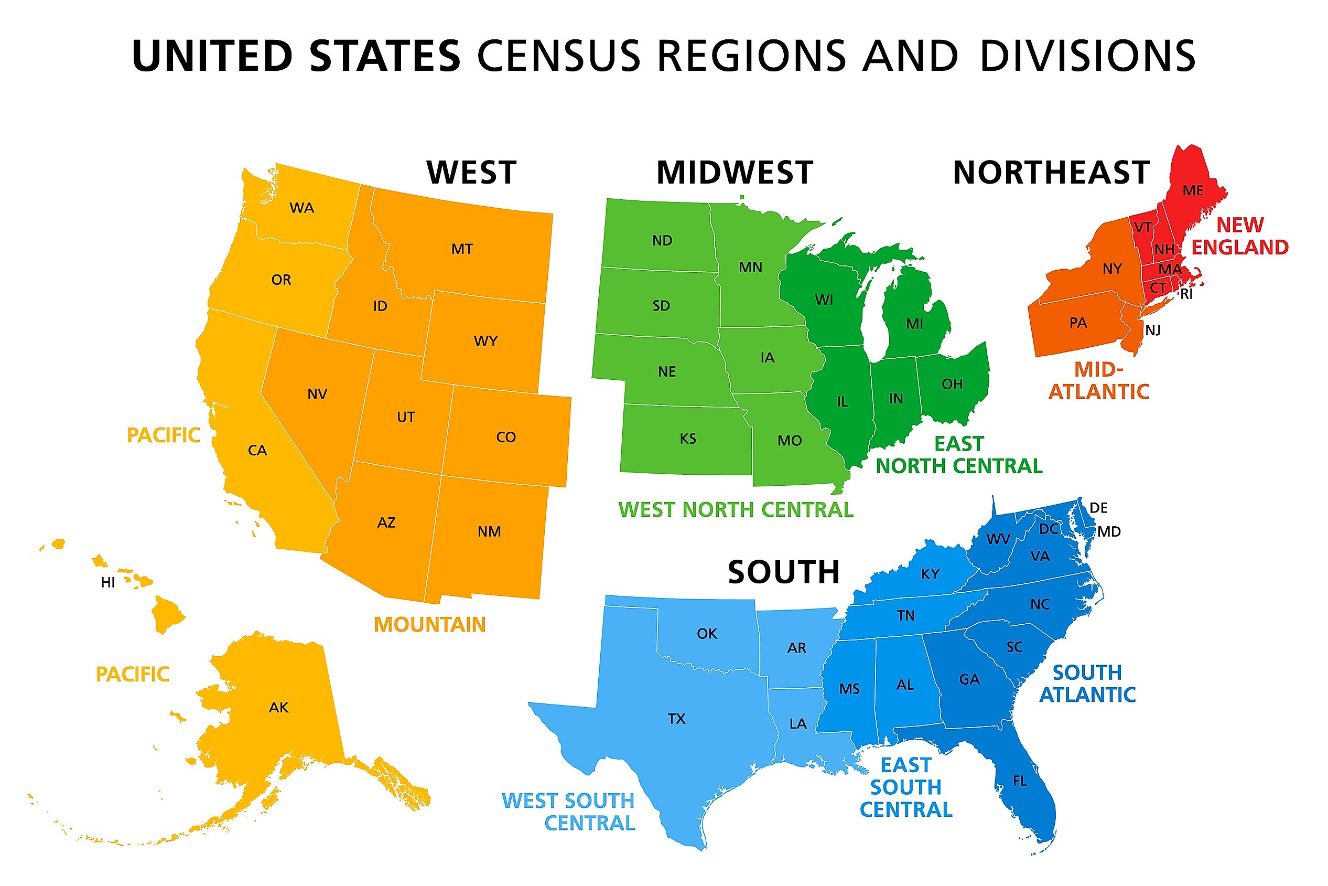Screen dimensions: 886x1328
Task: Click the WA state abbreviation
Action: [x=301, y=208]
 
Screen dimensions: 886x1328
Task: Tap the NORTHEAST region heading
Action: [x=1051, y=173]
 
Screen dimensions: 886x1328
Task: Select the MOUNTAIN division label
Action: [x=430, y=624]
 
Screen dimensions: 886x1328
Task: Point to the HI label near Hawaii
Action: [x=108, y=583]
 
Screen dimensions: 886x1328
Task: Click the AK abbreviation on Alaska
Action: [x=278, y=708]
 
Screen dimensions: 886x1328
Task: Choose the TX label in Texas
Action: [x=676, y=719]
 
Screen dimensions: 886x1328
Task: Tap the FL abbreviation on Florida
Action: [x=1020, y=781]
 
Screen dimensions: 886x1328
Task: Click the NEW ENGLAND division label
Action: [x=1239, y=236]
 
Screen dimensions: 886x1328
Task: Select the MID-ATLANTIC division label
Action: [x=1099, y=380]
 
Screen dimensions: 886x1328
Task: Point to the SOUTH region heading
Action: [x=784, y=572]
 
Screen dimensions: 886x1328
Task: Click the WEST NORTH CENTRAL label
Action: [x=736, y=510]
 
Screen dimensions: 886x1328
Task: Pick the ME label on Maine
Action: [x=1193, y=190]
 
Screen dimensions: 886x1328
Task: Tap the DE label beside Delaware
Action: [x=1098, y=508]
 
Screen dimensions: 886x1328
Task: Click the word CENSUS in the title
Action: [x=559, y=56]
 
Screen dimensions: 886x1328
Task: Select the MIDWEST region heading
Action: [x=734, y=173]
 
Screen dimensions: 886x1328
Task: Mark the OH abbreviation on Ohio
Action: [x=952, y=384]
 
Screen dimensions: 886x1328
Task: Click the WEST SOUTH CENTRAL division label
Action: [x=568, y=812]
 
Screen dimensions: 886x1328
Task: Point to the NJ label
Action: [x=1152, y=330]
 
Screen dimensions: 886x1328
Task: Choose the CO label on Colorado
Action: [x=506, y=437]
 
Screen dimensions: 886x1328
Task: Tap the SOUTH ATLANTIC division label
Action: [x=1087, y=684]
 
